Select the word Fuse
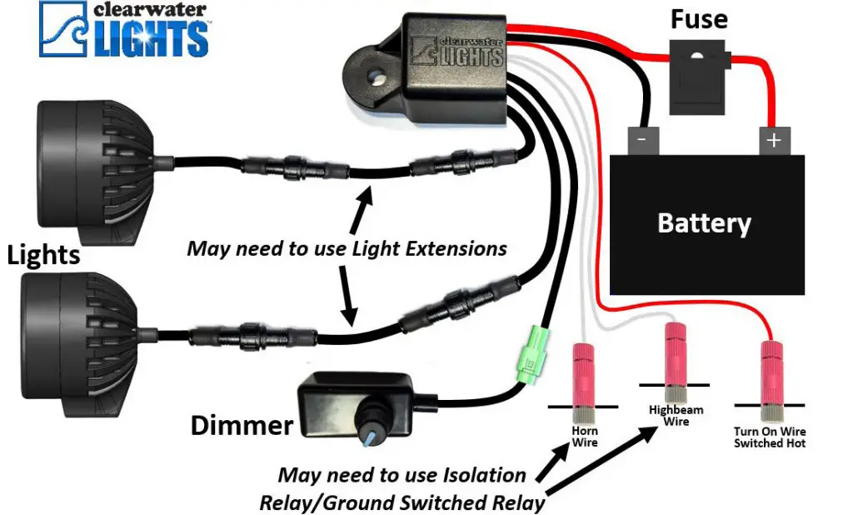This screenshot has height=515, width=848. coord(699,19)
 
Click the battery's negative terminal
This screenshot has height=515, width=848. coord(642,139)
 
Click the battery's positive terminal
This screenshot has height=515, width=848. coord(773,140)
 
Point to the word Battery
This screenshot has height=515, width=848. coord(704,222)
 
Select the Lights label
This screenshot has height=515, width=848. coord(43,254)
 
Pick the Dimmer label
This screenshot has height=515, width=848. coord(242,426)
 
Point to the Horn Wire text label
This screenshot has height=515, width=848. coord(584,436)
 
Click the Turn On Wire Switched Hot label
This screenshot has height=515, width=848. coord(770,437)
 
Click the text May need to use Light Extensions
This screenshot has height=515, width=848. coord(347,247)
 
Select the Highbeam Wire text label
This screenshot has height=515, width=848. coord(676,416)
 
